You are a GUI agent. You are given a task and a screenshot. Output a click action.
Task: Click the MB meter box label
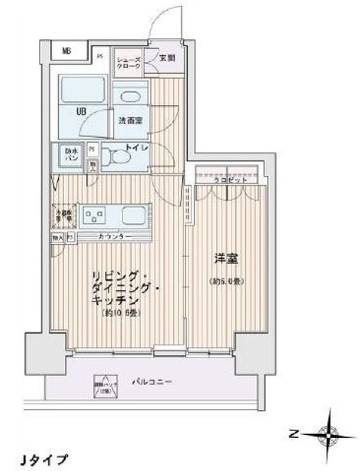67,51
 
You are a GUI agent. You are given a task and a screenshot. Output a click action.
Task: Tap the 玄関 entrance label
167,58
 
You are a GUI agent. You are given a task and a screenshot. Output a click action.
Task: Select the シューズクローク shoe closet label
128,63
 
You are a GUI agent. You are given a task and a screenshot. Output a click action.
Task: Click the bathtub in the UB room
83,90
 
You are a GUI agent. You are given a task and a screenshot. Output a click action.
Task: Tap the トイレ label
137,145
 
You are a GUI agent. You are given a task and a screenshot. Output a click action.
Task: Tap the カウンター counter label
115,237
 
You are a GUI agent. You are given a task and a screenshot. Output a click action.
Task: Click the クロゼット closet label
227,180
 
